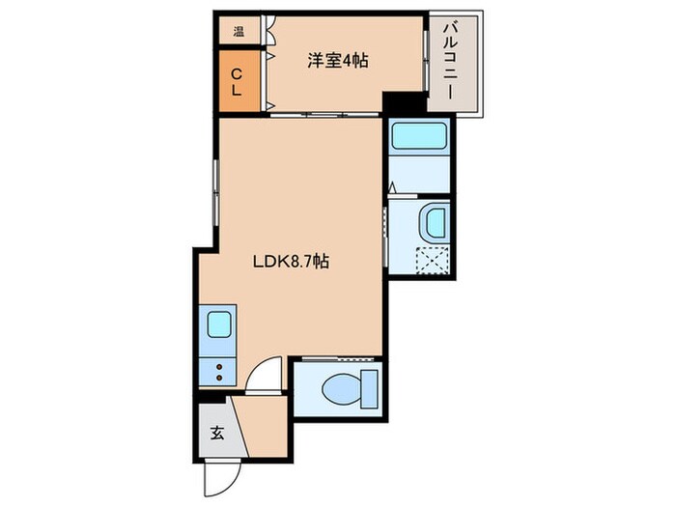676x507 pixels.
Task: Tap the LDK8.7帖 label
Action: point(289,261)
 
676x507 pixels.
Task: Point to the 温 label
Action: point(238,31)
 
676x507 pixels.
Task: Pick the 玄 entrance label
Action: point(216,433)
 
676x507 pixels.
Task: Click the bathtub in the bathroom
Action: point(418,136)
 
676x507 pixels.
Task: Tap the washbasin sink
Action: point(432,224)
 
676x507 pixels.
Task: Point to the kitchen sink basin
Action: point(219,324)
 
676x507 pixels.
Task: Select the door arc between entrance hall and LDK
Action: point(266,375)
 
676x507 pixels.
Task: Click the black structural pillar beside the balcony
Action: point(403,102)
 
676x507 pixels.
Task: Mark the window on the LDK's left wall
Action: point(214,189)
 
